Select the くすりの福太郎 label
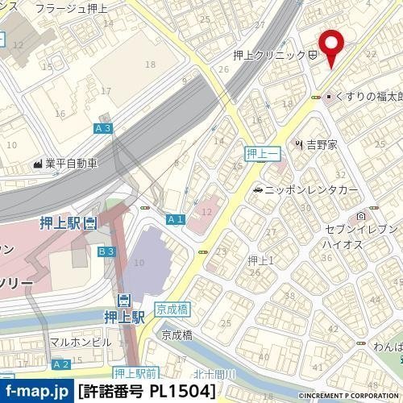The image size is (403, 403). tap(368, 97)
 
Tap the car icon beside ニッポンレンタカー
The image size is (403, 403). tap(257, 190)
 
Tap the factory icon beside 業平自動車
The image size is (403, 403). tap(37, 163)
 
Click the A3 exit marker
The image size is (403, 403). tap(102, 129)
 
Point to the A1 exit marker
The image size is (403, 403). tap(176, 219)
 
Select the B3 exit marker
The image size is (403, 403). tap(106, 252)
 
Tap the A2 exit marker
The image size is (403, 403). tap(60, 365)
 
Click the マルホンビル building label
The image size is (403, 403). tap(81, 342)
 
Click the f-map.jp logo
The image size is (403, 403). tap(36, 392)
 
